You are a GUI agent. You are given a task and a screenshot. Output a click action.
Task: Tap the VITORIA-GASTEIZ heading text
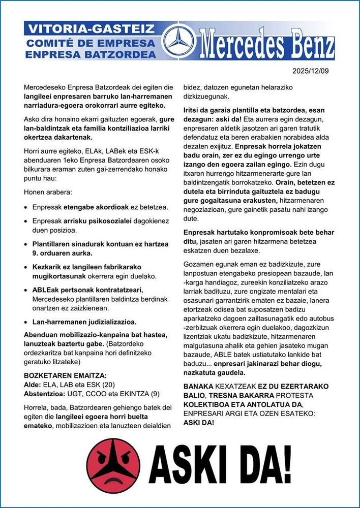[91, 28]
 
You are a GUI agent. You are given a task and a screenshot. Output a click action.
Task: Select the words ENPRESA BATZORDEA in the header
[91, 53]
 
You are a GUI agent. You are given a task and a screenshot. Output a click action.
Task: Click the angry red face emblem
[112, 464]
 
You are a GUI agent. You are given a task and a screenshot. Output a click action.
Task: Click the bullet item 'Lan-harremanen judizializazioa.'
[84, 322]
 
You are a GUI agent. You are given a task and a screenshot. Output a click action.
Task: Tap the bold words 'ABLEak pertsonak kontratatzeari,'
[87, 290]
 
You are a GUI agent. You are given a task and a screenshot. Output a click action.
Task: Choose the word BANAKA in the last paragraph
[198, 386]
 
